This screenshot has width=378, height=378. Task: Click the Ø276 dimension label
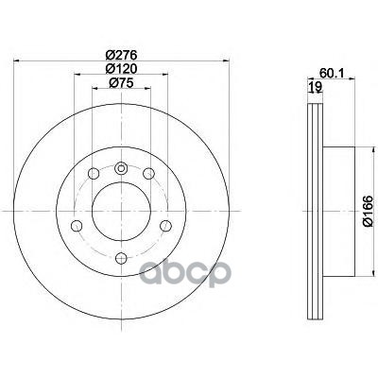point(121,55)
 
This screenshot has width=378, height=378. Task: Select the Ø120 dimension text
point(121,68)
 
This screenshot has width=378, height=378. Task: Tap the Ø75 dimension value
point(121,82)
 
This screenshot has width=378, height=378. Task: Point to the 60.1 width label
point(332,73)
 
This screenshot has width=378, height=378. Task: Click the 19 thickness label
point(315,86)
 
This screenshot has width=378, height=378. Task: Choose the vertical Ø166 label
point(368,211)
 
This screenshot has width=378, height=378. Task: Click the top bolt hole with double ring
point(121,168)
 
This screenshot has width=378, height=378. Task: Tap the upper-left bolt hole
point(94,174)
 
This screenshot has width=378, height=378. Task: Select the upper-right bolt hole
point(148,174)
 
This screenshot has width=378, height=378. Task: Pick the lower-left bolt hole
point(77,226)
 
